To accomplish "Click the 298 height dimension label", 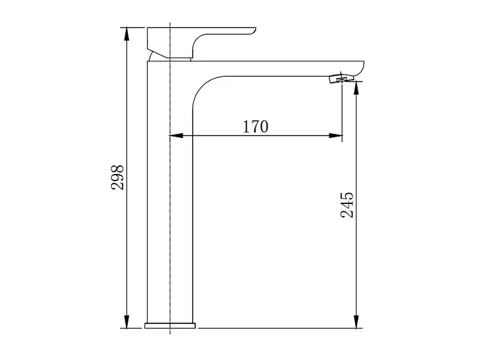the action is click(x=118, y=177).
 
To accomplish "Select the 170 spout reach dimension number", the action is click(x=256, y=127).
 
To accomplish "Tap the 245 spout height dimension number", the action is click(x=347, y=205).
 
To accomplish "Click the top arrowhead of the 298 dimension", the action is click(x=127, y=34).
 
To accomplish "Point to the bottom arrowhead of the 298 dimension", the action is click(x=127, y=322).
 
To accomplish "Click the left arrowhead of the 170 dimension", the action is click(x=176, y=136).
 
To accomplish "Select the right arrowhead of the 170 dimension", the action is click(x=335, y=136).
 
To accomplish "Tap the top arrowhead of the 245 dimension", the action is click(x=356, y=88).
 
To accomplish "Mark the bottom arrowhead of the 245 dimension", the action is click(x=356, y=322).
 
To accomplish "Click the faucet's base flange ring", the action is click(x=170, y=325).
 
